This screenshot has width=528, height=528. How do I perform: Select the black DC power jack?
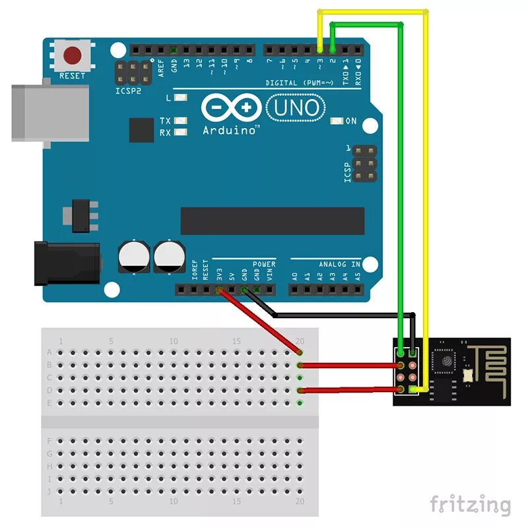[x=66, y=263]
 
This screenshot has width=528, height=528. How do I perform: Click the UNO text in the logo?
[x=296, y=108]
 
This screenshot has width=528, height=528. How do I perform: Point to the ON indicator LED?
[x=337, y=121]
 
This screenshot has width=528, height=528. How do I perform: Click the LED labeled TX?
[x=177, y=121]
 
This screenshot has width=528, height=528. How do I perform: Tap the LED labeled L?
[x=177, y=98]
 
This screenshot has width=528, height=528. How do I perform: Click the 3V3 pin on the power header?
[x=219, y=289]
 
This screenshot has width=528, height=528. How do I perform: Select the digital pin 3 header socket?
[x=320, y=49]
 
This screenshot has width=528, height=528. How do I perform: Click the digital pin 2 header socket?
[x=333, y=49]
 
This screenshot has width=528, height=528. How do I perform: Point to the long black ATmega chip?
[x=272, y=221]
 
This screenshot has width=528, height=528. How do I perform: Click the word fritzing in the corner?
[x=470, y=505]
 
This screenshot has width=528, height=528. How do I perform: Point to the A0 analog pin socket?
[x=295, y=289]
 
